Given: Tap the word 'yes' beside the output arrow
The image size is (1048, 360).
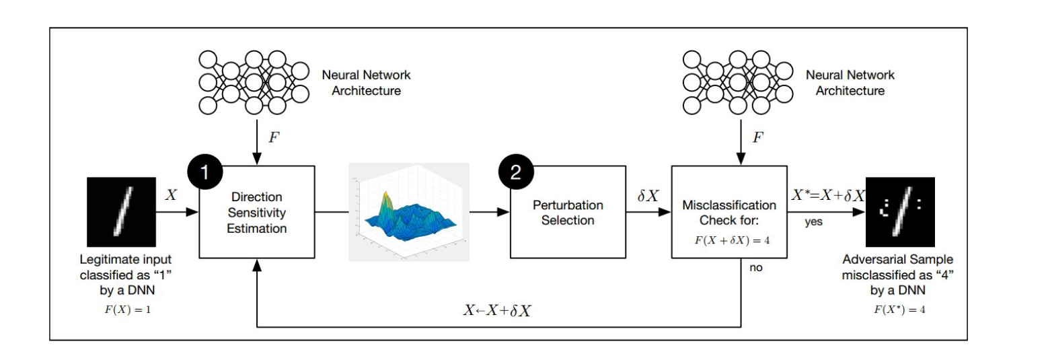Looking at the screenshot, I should [813, 221].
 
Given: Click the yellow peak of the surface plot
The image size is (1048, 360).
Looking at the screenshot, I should [386, 198].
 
